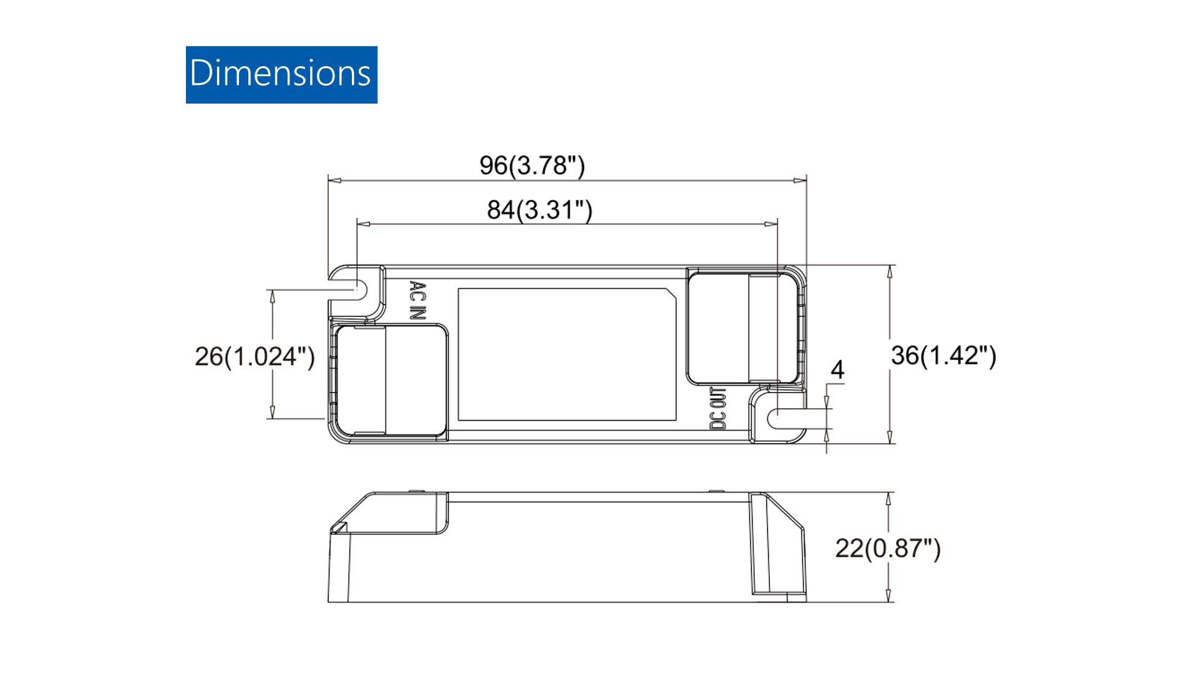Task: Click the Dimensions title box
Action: (281, 75)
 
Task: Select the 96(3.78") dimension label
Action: (532, 165)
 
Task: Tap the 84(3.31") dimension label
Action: (540, 210)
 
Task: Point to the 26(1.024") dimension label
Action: (255, 356)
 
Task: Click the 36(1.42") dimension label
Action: (943, 355)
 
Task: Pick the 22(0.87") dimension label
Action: (888, 548)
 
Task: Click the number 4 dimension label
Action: (837, 369)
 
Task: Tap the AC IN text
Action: (418, 300)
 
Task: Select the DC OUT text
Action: (718, 408)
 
